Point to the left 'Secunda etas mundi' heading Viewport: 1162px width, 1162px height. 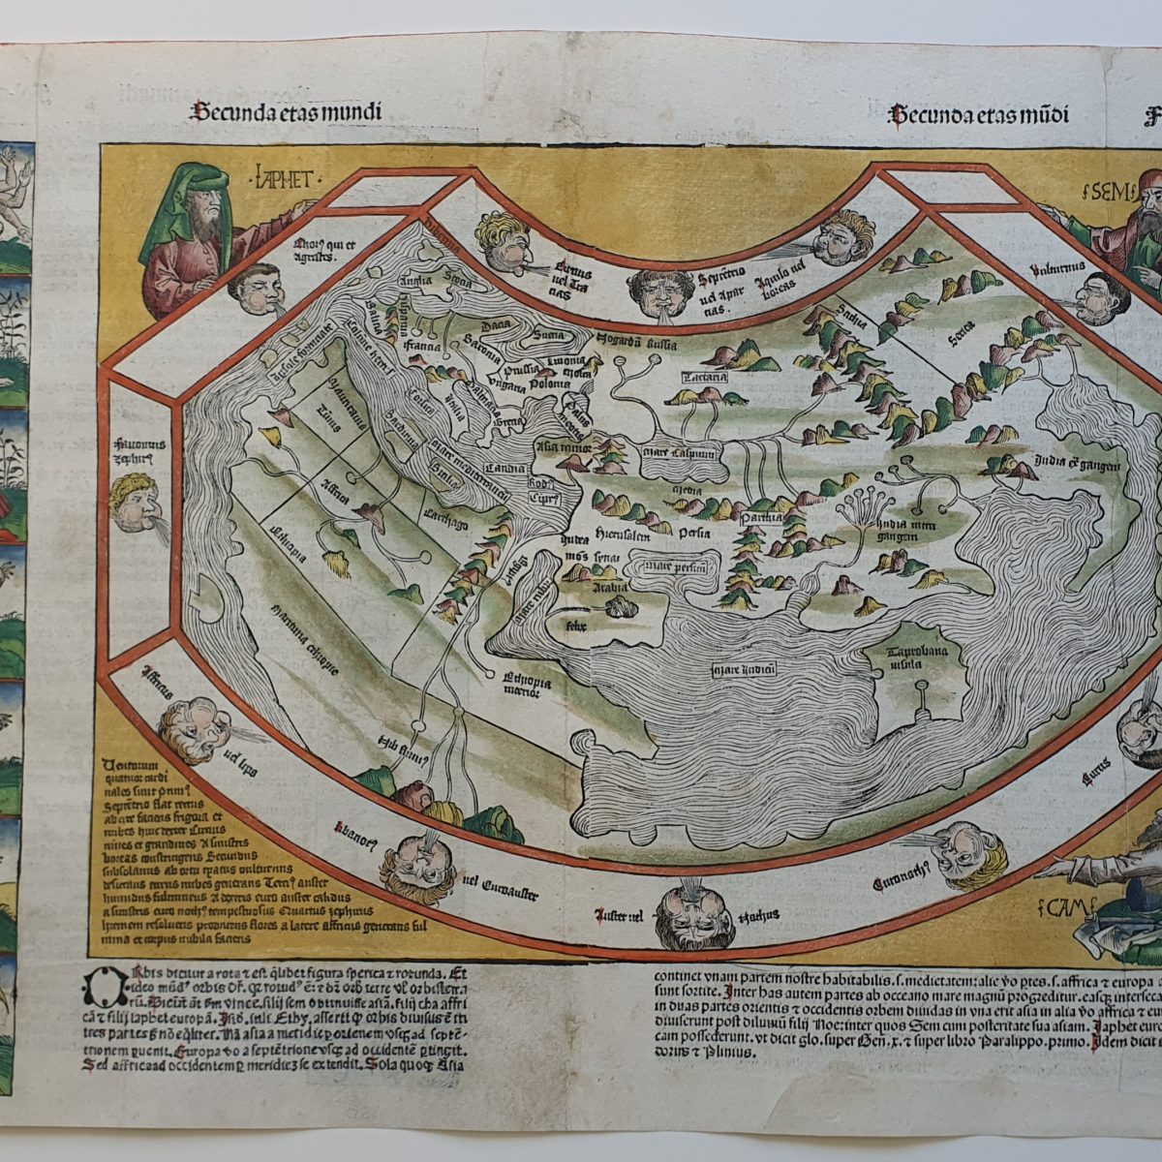tap(287, 112)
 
